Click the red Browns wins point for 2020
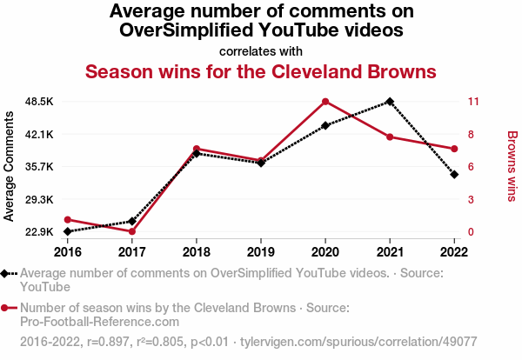click(325, 102)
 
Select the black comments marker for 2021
click(390, 102)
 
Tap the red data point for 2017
click(132, 231)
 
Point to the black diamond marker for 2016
click(68, 231)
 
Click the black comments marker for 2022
click(454, 174)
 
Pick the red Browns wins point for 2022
click(454, 149)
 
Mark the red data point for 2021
click(390, 137)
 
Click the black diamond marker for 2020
click(325, 125)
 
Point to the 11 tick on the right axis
click(472, 102)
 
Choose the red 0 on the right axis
click(470, 232)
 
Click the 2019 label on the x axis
click(261, 251)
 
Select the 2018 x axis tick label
click(197, 251)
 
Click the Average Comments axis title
click(10, 167)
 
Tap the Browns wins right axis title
click(512, 167)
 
